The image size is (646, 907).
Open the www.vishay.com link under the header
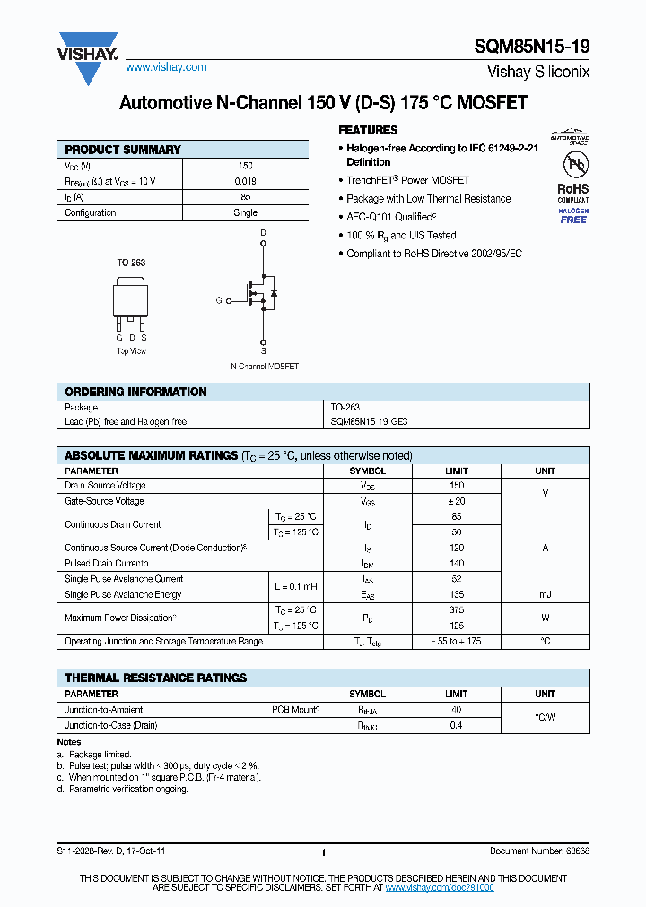166,67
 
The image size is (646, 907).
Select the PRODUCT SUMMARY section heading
123,150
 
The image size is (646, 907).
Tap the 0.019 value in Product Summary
245,181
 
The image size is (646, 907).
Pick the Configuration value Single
245,212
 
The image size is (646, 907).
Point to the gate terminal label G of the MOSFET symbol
218,300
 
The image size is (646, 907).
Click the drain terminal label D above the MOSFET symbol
263,233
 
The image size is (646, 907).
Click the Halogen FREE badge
573,215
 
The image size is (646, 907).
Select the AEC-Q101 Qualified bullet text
391,217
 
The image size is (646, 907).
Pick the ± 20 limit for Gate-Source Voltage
456,501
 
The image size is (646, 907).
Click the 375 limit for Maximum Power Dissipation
456,610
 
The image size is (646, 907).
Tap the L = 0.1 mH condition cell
294,586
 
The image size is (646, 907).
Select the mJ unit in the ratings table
545,594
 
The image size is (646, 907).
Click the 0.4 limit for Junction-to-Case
456,725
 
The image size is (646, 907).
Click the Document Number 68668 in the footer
539,852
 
